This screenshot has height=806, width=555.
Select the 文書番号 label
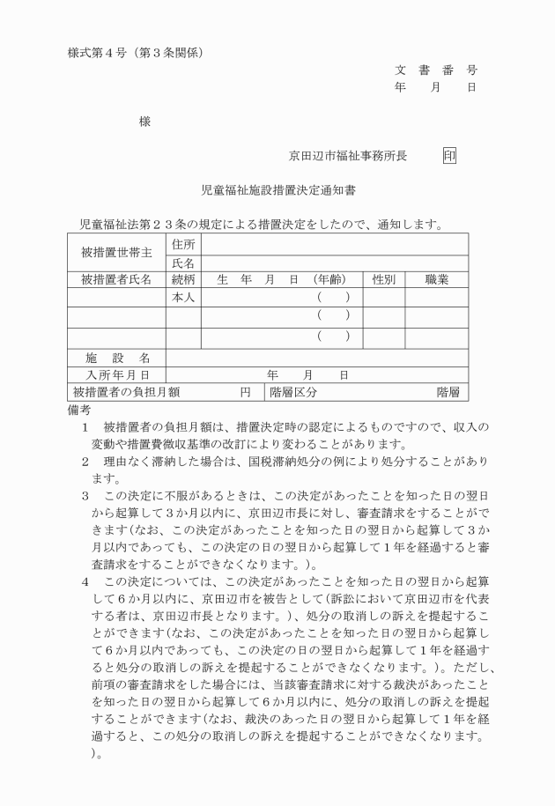pos(435,70)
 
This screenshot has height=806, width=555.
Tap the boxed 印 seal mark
pos(449,157)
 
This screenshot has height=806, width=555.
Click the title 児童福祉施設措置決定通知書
pos(278,189)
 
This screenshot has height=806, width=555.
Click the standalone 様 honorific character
pos(144,122)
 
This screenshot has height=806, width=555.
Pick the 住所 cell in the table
pos(183,244)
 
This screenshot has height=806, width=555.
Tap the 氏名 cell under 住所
pos(183,263)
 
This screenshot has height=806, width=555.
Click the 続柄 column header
pos(183,280)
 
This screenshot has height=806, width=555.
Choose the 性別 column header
pos(383,280)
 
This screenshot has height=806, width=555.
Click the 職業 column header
pos(436,280)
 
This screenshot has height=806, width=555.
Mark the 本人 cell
pos(183,299)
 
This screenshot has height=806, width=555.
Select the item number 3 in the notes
pos(85,496)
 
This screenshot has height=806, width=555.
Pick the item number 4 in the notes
pos(85,581)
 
